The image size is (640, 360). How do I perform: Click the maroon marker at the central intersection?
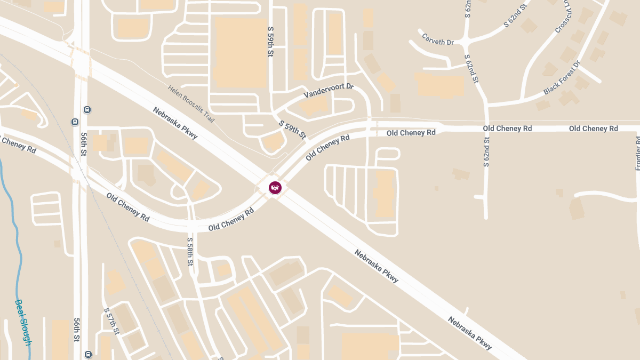(275, 188)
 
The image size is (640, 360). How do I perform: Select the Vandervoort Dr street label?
(329, 90)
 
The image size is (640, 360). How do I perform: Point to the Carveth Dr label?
(437, 39)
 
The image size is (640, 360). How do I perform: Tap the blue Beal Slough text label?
(23, 322)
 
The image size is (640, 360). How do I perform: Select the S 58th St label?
(190, 252)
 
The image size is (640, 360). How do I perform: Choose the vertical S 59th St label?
(271, 42)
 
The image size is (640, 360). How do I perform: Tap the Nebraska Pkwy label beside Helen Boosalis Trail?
(175, 123)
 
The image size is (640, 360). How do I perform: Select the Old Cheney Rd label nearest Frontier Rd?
(593, 129)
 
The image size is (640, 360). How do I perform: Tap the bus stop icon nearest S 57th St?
(88, 354)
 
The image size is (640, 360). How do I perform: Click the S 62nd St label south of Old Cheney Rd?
(486, 152)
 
